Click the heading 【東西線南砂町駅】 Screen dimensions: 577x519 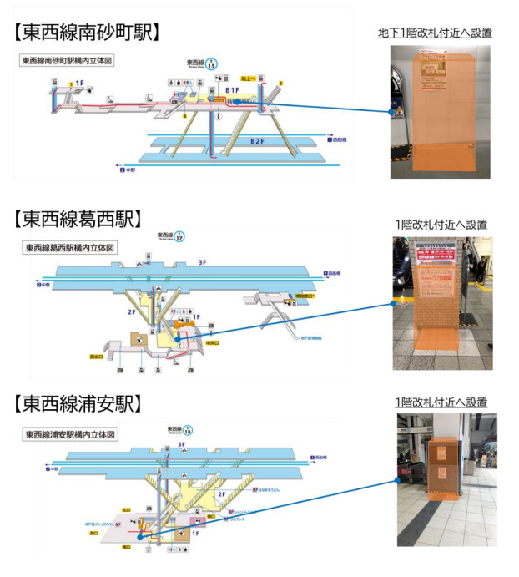tap(88, 33)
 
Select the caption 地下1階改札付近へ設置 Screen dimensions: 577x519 tap(435, 33)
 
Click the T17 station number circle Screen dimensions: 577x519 tap(179, 237)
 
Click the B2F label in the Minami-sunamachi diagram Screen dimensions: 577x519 tap(259, 143)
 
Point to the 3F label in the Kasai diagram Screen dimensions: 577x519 tap(203, 263)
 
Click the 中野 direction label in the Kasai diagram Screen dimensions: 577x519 tap(43, 285)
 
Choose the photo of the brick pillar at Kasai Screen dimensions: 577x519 tap(443, 304)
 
